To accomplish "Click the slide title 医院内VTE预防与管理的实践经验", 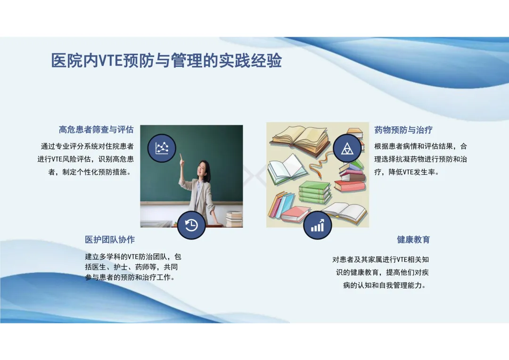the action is click(x=166, y=60).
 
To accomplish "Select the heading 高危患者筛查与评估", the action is click(x=96, y=130).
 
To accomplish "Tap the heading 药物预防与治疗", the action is click(x=403, y=130).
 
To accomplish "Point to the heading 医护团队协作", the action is click(x=110, y=239).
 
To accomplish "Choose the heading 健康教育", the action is click(x=413, y=239).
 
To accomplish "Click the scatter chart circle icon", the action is click(x=162, y=148).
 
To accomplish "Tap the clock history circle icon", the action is click(x=191, y=225).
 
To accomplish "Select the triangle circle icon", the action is click(x=347, y=148).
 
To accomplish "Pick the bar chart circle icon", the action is click(x=318, y=225).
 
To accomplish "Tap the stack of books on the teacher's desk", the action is click(x=234, y=219).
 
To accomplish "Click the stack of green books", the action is click(x=314, y=192).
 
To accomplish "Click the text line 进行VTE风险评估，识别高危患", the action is click(x=86, y=159).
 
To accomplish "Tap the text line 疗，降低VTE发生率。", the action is click(x=407, y=172).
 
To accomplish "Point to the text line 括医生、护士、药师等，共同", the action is click(x=131, y=267).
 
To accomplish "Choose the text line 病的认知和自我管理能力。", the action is click(x=385, y=286).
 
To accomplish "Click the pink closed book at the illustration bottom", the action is click(x=296, y=213).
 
